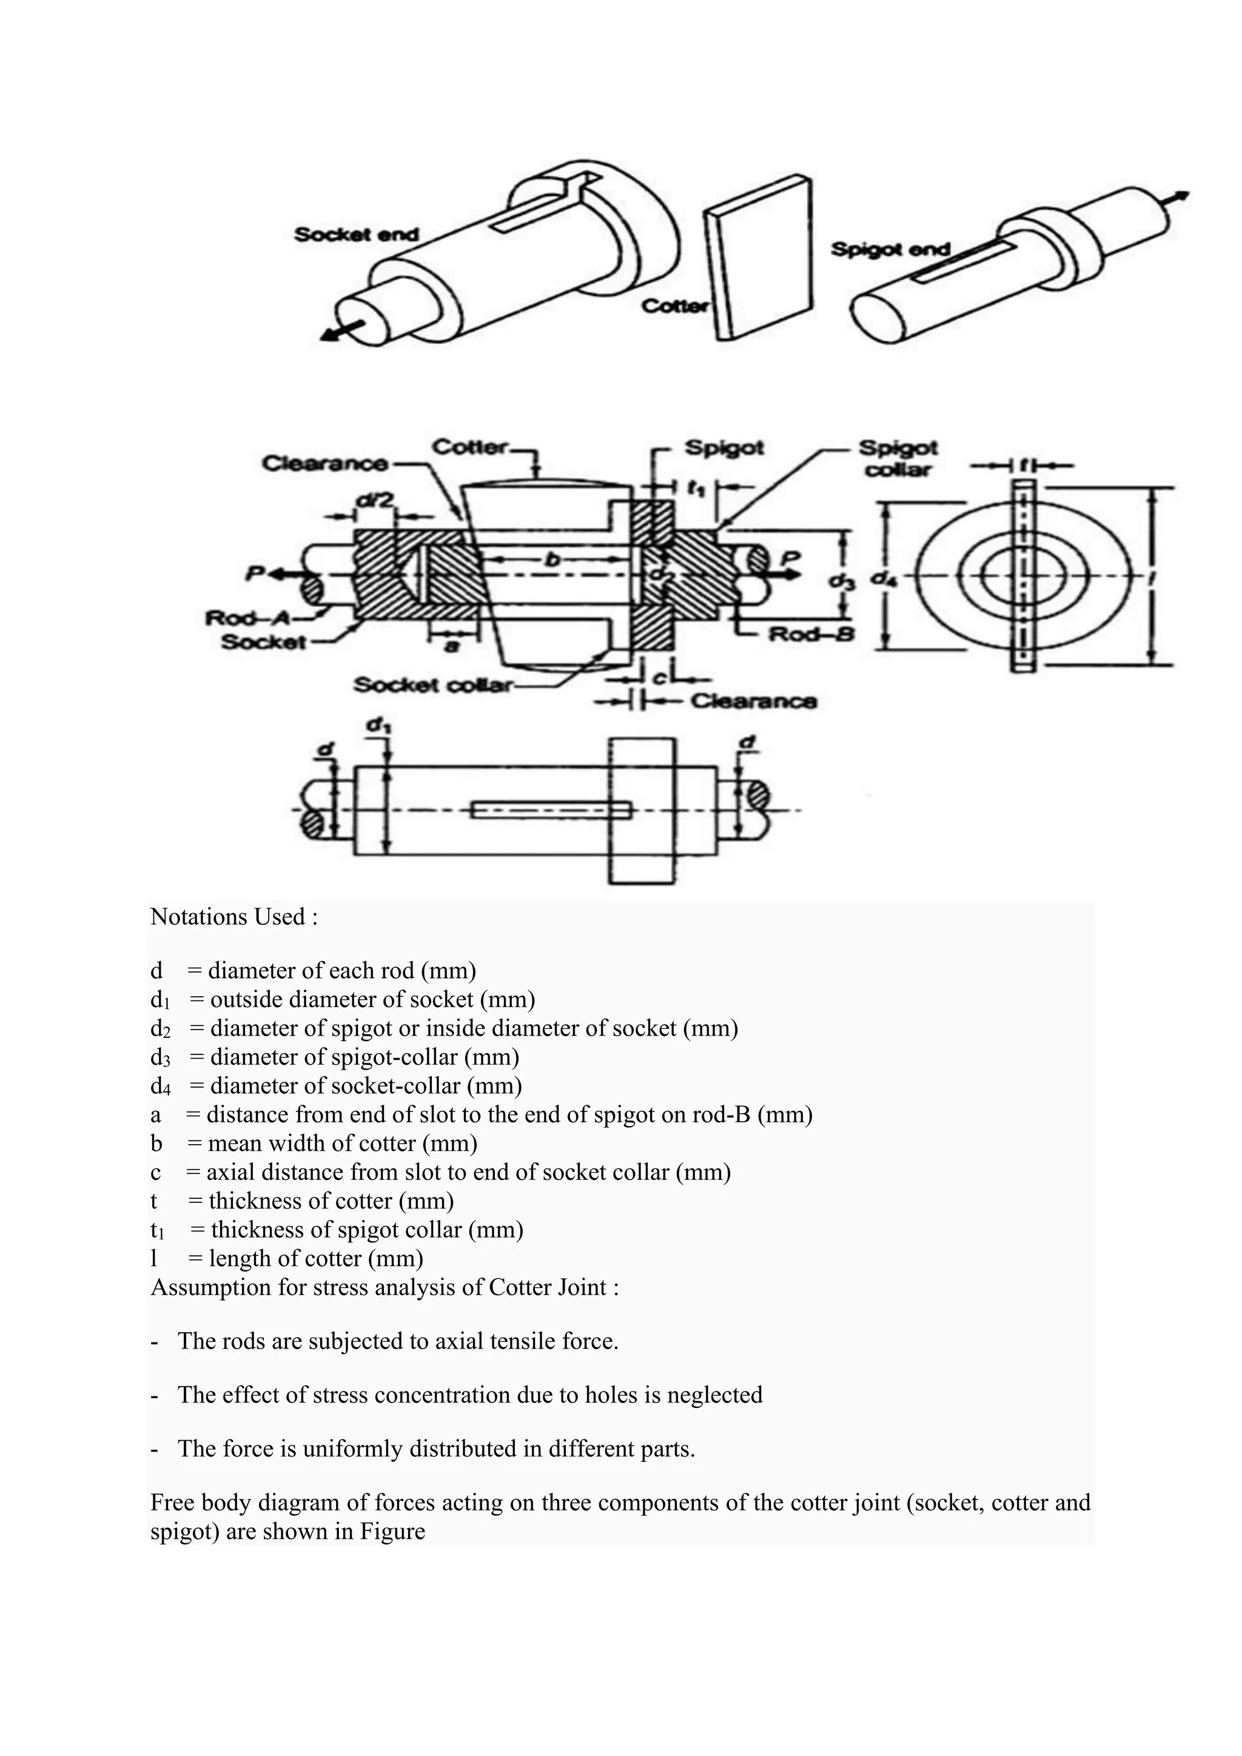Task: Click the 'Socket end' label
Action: [357, 235]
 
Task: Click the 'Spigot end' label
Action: [890, 249]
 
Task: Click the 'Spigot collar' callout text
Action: [899, 457]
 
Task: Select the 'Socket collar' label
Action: [432, 685]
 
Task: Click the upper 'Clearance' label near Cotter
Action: [325, 463]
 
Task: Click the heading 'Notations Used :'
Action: [234, 916]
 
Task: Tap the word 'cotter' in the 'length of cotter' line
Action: [334, 1258]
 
